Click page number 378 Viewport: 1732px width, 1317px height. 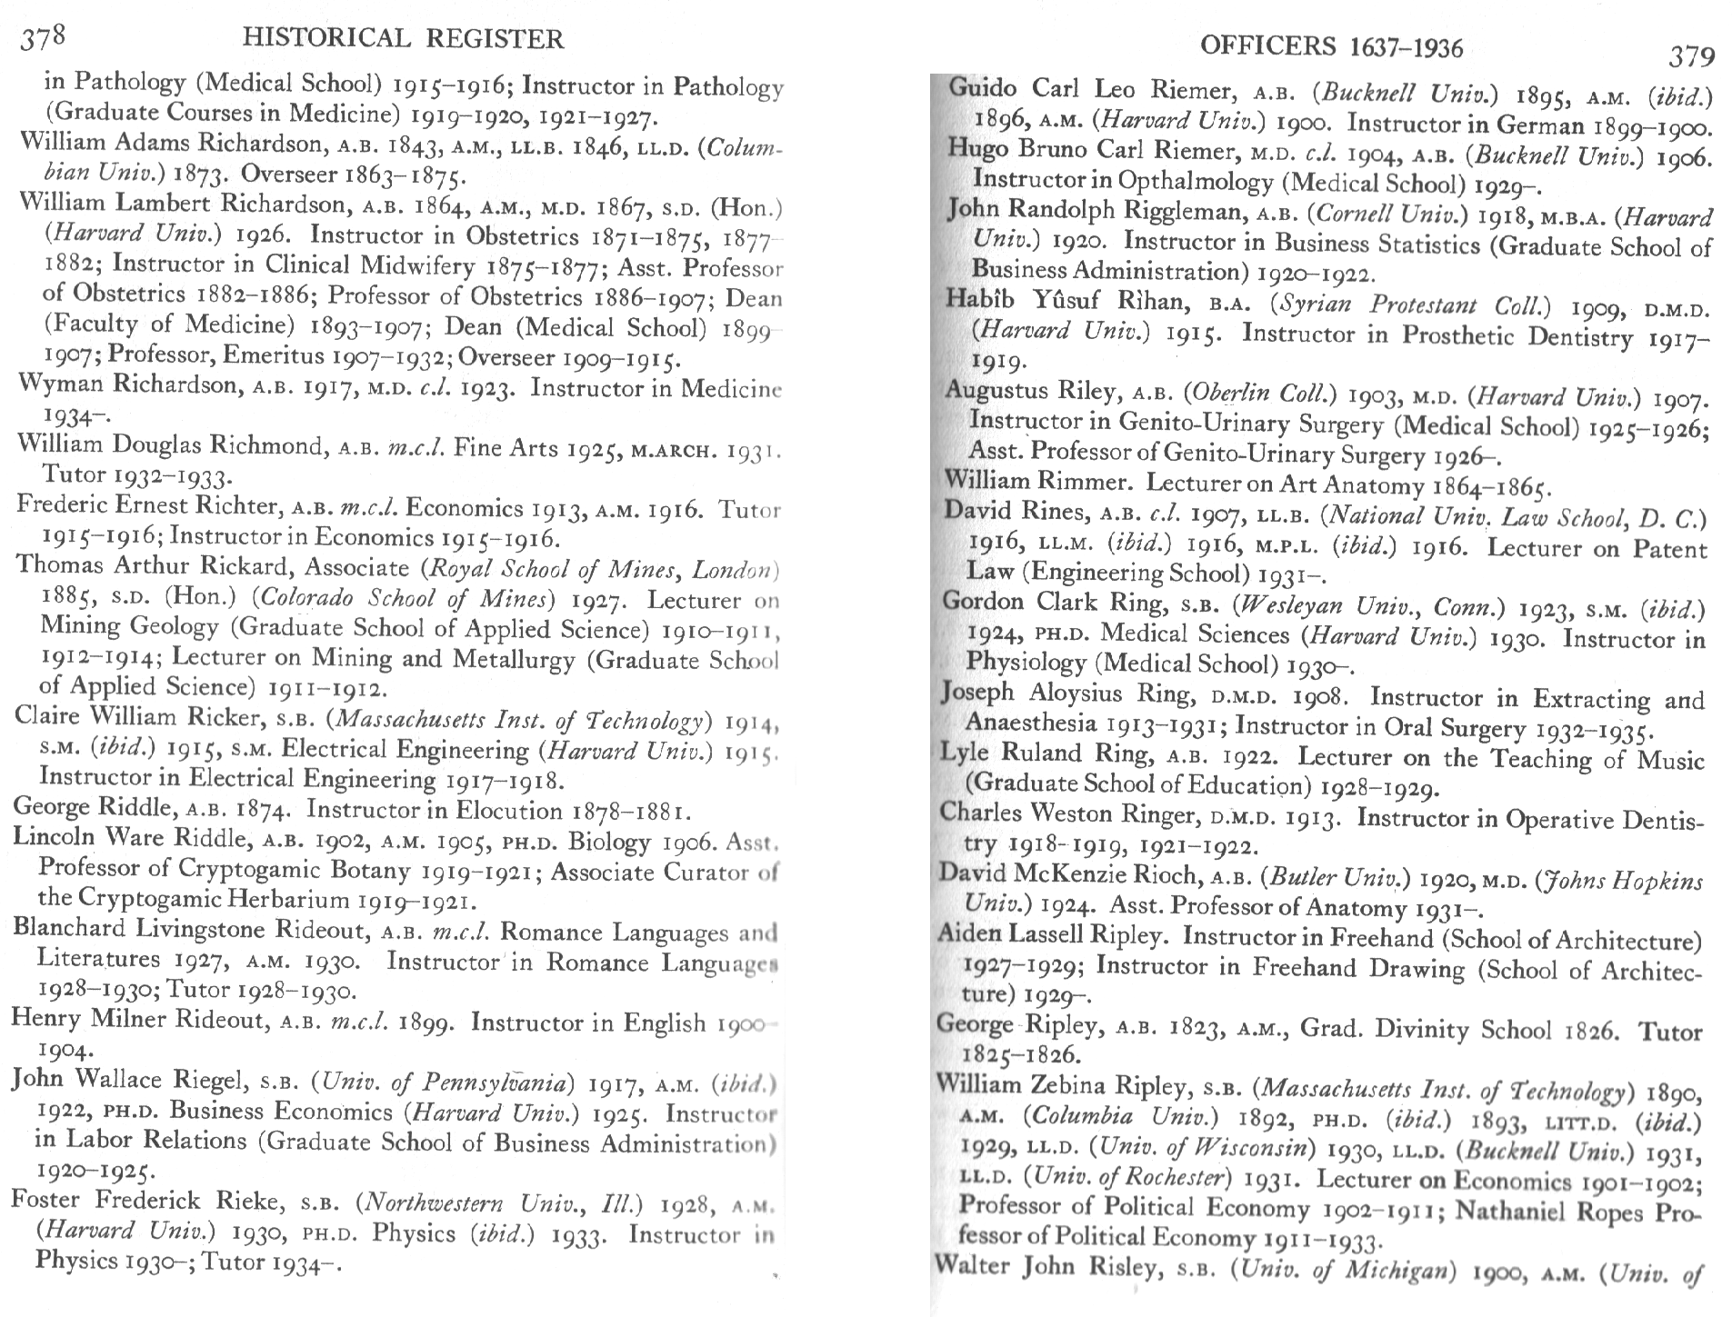click(x=44, y=39)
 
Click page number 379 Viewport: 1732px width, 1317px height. click(x=1691, y=57)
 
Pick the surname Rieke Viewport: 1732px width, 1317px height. click(x=251, y=1201)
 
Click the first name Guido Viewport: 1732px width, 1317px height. click(x=983, y=88)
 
